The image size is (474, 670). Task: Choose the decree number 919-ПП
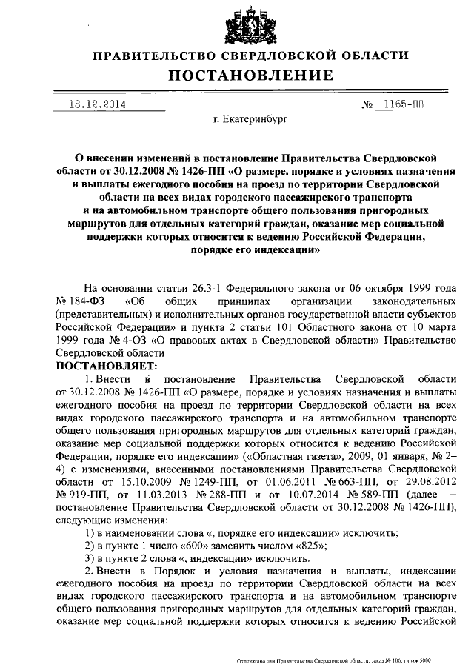[82, 494]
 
